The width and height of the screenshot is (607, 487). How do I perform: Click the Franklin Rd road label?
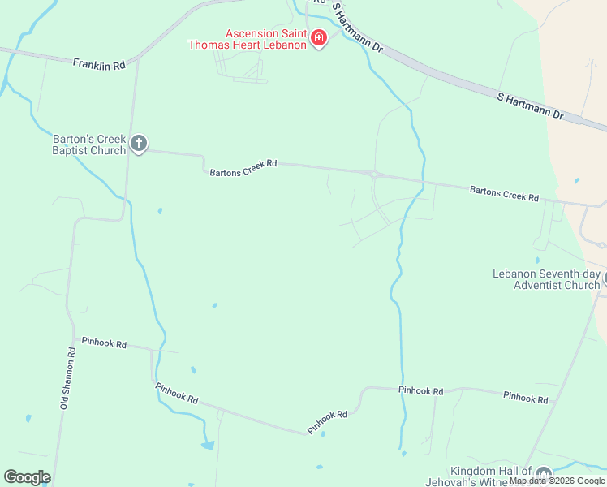pos(99,63)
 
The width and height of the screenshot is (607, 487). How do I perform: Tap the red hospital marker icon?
pos(319,38)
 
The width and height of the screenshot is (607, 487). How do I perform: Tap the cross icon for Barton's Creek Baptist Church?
pos(139,144)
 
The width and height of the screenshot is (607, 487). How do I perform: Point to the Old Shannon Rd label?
pos(68,377)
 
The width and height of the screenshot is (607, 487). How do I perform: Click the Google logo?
pos(27,477)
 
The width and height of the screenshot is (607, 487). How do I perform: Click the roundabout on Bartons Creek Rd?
pos(374,173)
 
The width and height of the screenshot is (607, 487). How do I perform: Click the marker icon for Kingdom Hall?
pos(544,473)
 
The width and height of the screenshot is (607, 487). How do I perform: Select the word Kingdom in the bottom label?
pos(471,472)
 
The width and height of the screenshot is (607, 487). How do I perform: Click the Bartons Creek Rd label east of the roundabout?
pos(504,194)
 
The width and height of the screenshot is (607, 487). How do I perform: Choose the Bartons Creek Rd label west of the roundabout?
pos(243,168)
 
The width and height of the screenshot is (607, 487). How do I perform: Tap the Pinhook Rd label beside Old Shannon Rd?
pos(104,343)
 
